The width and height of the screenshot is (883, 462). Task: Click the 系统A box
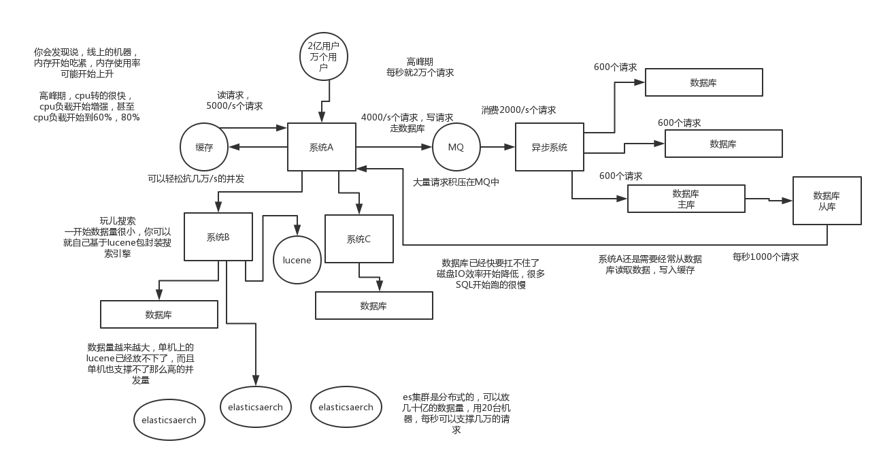321,147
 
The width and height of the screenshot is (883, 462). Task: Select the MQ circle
456,147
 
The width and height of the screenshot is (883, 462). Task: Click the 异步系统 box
549,147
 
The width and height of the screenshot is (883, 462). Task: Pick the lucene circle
297,260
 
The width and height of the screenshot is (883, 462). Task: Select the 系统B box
218,237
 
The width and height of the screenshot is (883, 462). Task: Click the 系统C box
359,239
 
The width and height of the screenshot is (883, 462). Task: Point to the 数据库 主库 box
686,199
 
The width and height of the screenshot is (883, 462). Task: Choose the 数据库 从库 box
827,201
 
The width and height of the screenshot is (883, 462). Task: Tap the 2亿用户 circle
324,56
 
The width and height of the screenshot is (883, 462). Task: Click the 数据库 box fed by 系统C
373,306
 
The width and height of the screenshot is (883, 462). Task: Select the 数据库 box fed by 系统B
159,314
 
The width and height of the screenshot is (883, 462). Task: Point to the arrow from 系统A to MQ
395,147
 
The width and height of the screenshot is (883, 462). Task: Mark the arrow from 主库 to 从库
769,199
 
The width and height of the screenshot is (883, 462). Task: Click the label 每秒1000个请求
765,257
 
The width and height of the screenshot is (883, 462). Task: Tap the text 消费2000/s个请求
518,110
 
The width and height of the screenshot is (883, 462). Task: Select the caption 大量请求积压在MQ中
456,182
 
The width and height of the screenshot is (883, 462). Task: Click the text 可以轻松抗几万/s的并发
196,179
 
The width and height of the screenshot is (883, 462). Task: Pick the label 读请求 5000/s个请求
234,101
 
